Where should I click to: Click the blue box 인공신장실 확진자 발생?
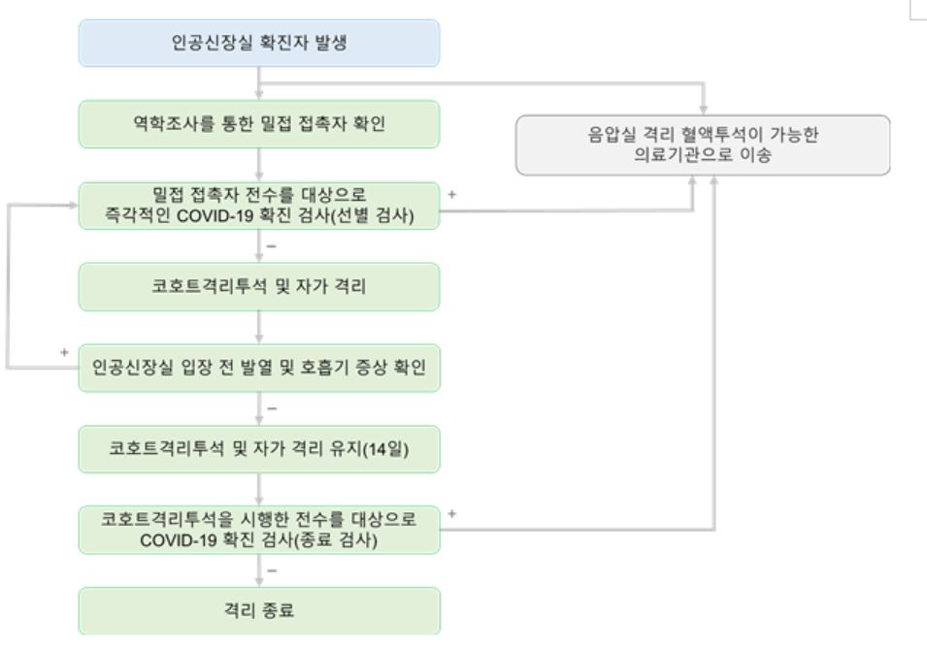click(259, 43)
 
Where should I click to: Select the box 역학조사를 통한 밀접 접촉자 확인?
click(259, 124)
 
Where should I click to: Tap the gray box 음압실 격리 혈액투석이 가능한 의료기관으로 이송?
click(703, 146)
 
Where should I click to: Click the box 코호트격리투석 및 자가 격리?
click(259, 287)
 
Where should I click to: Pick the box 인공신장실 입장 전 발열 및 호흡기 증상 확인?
click(259, 368)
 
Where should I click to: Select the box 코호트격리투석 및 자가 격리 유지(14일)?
click(259, 449)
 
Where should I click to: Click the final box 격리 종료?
click(259, 611)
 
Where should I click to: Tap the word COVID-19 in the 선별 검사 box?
click(215, 216)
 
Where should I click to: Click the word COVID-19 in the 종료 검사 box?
click(178, 540)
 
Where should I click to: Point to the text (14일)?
click(384, 449)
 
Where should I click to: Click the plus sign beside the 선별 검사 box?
click(451, 194)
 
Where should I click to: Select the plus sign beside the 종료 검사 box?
click(451, 514)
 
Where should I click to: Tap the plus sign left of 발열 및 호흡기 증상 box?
click(64, 353)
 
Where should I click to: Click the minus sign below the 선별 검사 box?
click(272, 245)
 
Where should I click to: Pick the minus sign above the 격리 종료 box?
click(272, 570)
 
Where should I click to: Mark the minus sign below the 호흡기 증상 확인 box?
click(272, 408)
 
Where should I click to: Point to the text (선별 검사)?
click(373, 215)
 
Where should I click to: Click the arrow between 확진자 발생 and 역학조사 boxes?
click(259, 83)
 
